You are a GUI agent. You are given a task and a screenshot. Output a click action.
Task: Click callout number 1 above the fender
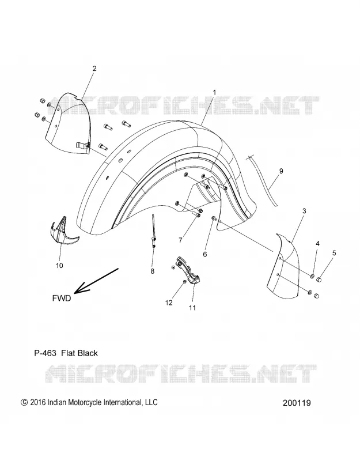click(214, 92)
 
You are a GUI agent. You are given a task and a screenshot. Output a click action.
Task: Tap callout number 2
click(94, 69)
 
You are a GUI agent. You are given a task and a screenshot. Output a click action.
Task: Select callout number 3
click(304, 211)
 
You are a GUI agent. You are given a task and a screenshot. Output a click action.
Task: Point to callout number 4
click(318, 243)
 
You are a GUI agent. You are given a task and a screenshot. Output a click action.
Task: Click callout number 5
click(334, 253)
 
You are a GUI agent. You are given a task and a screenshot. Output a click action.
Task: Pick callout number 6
click(205, 254)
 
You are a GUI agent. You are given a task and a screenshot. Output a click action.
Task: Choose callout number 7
click(180, 240)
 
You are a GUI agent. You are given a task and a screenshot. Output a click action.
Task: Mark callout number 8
click(152, 271)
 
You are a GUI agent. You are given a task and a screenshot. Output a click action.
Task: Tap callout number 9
click(281, 171)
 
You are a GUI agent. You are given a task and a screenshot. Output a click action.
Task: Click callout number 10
click(59, 266)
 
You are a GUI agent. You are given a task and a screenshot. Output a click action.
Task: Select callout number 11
click(192, 308)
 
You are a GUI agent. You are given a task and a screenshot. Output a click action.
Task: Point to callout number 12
click(169, 303)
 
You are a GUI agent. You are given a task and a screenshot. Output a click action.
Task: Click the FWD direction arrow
click(96, 281)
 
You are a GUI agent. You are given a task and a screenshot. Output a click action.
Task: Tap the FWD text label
click(62, 298)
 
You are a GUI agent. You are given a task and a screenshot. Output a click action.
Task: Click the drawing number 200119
click(297, 403)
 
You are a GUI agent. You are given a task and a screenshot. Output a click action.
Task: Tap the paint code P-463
click(45, 353)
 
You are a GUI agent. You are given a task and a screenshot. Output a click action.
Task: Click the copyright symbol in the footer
click(24, 402)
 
